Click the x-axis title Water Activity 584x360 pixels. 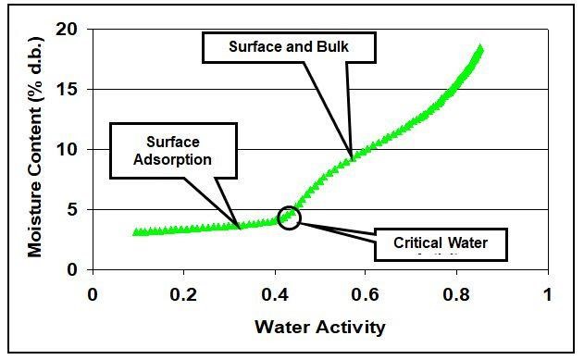pyautogui.click(x=319, y=327)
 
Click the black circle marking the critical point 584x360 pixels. pyautogui.click(x=290, y=217)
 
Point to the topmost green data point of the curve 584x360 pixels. pyautogui.click(x=480, y=47)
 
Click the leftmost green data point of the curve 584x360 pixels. pyautogui.click(x=136, y=232)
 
